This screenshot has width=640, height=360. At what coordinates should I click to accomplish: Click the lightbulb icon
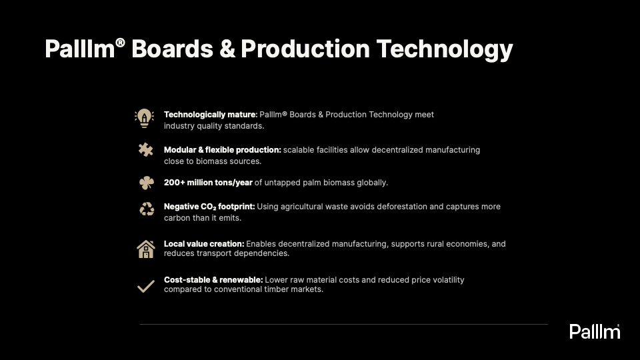[x=144, y=119]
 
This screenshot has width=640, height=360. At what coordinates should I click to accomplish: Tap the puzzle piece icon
[x=146, y=150]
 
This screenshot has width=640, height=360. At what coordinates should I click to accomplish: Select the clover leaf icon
[x=147, y=183]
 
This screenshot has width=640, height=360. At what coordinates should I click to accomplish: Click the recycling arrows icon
[x=147, y=209]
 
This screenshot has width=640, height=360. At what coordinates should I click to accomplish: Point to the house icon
[x=146, y=249]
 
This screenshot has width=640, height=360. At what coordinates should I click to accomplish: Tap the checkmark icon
[x=146, y=286]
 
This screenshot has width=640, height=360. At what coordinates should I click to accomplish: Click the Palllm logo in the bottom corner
[x=595, y=331]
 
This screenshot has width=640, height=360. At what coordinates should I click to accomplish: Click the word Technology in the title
[x=445, y=49]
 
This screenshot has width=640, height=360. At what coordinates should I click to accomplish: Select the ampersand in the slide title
[x=227, y=49]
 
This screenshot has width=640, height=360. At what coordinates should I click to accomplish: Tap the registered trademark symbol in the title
[x=120, y=43]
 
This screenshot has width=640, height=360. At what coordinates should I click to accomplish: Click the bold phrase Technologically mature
[x=211, y=115]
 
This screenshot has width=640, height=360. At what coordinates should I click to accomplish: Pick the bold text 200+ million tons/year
[x=208, y=183]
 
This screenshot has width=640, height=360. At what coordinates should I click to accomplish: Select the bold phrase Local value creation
[x=204, y=244]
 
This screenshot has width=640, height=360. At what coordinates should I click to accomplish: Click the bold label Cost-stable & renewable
[x=213, y=279]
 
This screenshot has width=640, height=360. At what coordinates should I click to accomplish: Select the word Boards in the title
[x=172, y=49]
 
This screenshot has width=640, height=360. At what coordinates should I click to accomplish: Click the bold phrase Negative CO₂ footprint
[x=209, y=207]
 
